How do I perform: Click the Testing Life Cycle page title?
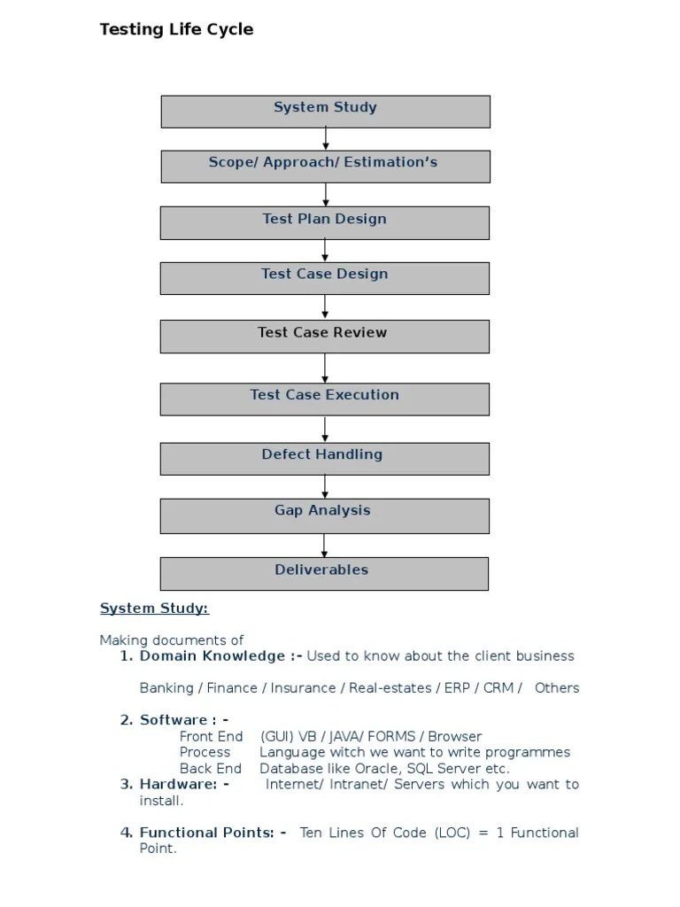[x=176, y=29]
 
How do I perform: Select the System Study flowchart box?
[x=325, y=112]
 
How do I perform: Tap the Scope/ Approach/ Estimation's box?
[x=324, y=167]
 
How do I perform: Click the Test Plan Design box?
[x=324, y=222]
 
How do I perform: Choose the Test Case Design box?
[x=324, y=278]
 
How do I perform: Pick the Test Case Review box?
[x=324, y=336]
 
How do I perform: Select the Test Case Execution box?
[x=324, y=399]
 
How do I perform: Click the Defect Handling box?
[x=324, y=458]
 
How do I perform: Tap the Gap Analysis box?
[x=324, y=515]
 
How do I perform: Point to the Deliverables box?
[x=324, y=573]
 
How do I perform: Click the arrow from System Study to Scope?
[x=326, y=139]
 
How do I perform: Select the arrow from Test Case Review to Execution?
[x=325, y=368]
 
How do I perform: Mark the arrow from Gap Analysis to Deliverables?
[x=325, y=545]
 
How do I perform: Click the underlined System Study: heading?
[x=154, y=609]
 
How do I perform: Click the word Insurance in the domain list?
[x=303, y=688]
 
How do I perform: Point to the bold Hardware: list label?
[x=184, y=785]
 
